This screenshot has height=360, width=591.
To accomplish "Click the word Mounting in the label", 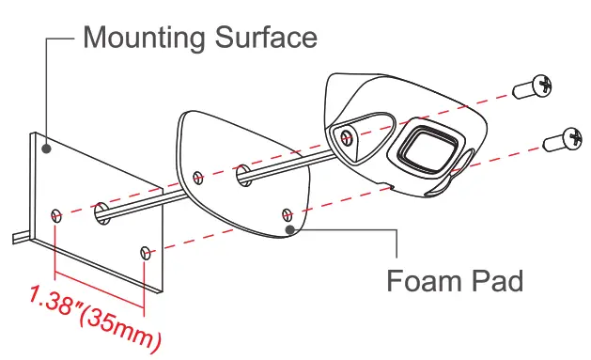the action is click(x=144, y=39).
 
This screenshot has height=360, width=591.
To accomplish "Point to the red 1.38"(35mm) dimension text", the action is click(x=94, y=316).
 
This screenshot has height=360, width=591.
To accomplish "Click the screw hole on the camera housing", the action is click(x=349, y=138).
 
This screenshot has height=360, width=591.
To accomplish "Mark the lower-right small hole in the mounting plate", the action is click(x=146, y=253).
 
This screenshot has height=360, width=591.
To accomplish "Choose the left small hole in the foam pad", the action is click(x=197, y=177).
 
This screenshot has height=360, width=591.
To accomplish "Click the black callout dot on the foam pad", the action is click(x=291, y=227).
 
